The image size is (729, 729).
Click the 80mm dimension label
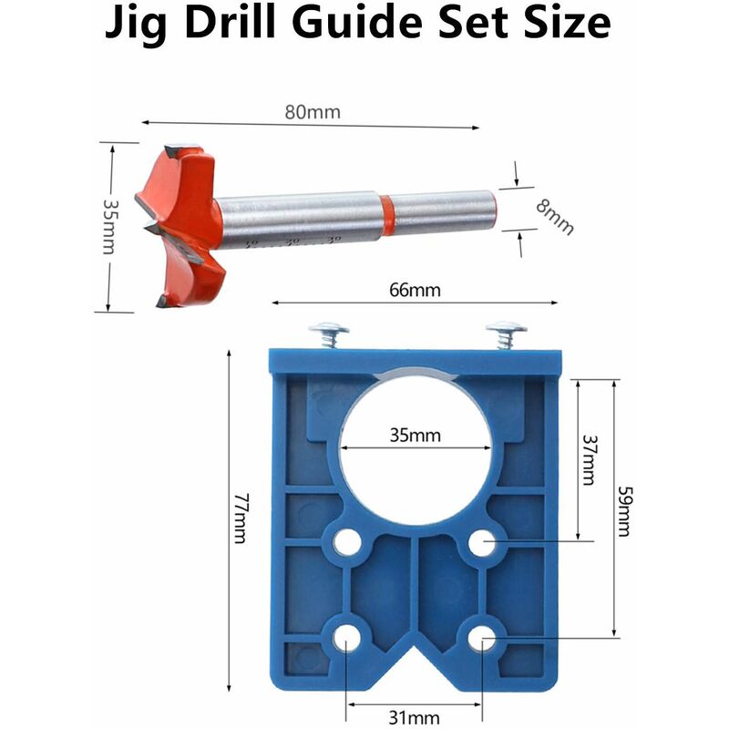tap(313, 112)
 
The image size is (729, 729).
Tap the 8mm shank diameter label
tap(555, 217)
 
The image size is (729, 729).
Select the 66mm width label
tap(415, 290)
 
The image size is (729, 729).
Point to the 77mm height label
tap(241, 518)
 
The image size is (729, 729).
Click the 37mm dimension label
tap(590, 460)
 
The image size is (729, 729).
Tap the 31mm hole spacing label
tap(414, 718)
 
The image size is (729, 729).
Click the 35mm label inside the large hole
tap(415, 436)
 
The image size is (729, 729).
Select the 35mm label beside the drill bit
tap(110, 227)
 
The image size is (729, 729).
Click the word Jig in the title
tap(135, 24)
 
